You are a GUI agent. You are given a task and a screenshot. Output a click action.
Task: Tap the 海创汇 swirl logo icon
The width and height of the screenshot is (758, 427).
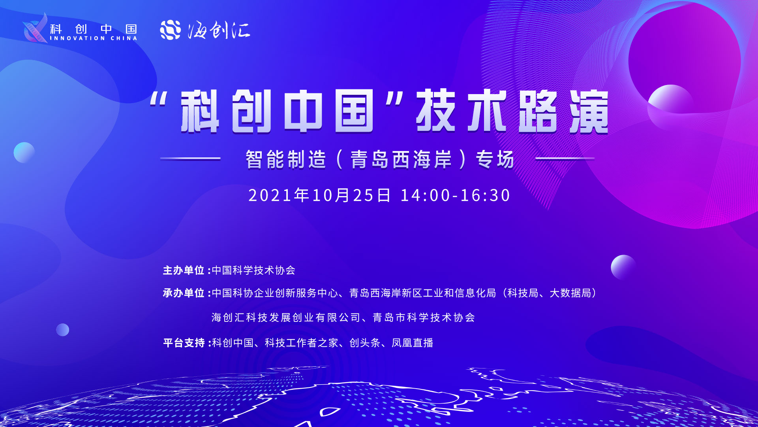pos(170,30)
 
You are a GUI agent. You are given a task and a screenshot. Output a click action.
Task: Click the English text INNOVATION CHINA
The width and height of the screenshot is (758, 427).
pos(94,38)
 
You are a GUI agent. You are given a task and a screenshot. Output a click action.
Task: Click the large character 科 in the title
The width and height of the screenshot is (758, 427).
pos(200,111)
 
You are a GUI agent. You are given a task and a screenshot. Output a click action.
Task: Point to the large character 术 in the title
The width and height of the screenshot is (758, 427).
pos(486,111)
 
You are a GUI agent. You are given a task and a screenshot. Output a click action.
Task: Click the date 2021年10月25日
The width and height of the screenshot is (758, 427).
pos(319,195)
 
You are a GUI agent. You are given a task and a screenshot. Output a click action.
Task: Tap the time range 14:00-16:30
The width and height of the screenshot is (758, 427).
pos(456,195)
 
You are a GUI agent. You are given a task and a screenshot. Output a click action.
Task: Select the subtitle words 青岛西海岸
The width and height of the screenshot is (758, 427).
pos(401,159)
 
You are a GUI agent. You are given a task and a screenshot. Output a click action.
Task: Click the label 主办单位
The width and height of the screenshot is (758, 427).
pos(184,270)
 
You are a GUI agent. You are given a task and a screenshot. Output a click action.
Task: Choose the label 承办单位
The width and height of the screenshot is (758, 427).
pos(184,293)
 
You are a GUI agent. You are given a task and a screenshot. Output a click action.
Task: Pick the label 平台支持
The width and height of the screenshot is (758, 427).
pos(184,343)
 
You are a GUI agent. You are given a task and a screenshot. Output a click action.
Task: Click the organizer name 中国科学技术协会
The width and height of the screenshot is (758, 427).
pos(253,270)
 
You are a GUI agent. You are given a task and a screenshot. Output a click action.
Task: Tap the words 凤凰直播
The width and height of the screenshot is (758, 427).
pos(413,343)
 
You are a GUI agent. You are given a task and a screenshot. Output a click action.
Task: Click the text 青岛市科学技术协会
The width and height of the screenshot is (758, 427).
pos(424,317)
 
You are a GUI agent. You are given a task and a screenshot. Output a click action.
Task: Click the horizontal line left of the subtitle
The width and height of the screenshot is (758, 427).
pos(190,159)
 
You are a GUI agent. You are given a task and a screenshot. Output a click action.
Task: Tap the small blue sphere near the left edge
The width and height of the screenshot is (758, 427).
pos(24,153)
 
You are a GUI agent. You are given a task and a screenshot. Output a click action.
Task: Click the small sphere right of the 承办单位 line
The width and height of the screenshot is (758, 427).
pos(623,267)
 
